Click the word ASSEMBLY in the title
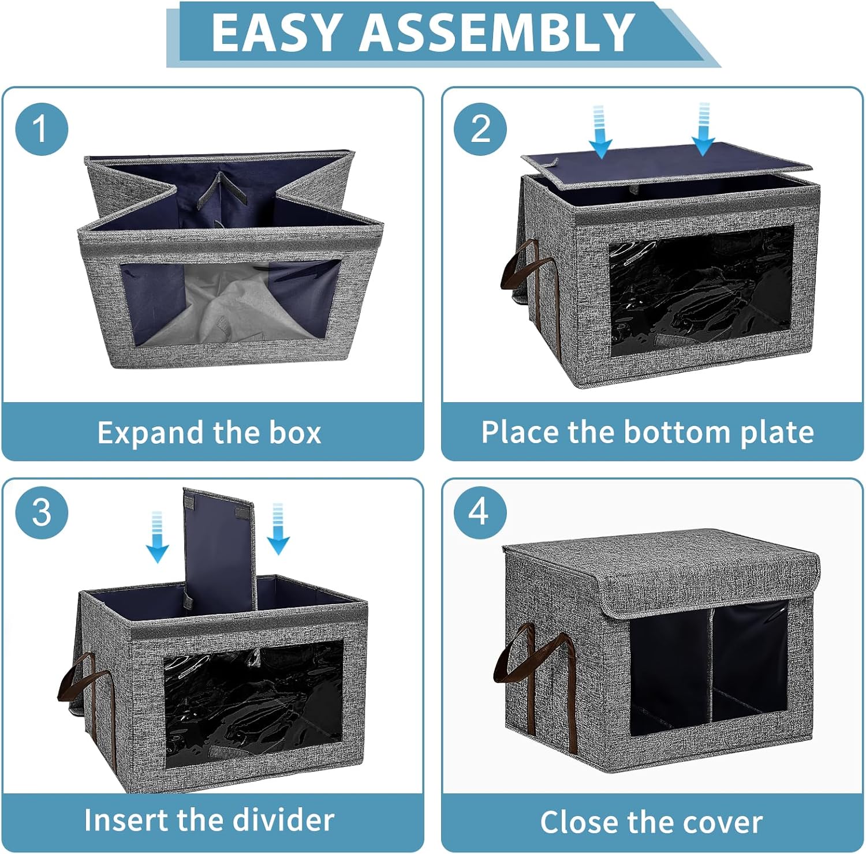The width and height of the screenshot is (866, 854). pyautogui.click(x=498, y=32)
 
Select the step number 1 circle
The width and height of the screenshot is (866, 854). pyautogui.click(x=42, y=129)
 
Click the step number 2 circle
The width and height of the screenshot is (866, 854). pyautogui.click(x=480, y=129)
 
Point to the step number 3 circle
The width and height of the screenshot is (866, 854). pyautogui.click(x=42, y=512)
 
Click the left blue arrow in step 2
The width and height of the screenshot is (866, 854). pyautogui.click(x=600, y=132)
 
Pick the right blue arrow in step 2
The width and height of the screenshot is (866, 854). pyautogui.click(x=704, y=129)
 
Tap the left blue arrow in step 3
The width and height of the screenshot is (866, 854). pyautogui.click(x=158, y=537)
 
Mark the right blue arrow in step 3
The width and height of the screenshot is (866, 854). pyautogui.click(x=278, y=529)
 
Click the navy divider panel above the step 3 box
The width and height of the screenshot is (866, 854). pyautogui.click(x=219, y=548)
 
